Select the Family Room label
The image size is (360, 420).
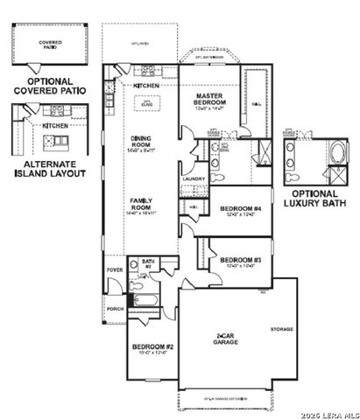[141, 203]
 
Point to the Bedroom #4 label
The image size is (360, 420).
[239, 208]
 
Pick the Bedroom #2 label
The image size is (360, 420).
[152, 348]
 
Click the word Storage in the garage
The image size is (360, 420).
[281, 329]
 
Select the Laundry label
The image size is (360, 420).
[194, 178]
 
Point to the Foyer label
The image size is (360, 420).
[115, 270]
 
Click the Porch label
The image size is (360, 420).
[115, 308]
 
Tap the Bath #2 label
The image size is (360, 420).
[148, 261]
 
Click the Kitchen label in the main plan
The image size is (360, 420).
[145, 86]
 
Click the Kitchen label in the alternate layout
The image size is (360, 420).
[56, 125]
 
